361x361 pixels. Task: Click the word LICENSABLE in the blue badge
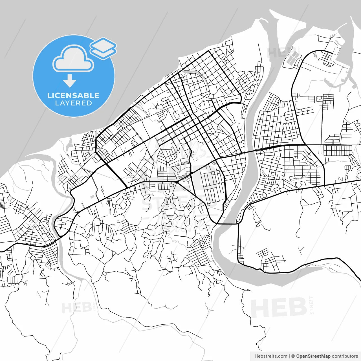73,95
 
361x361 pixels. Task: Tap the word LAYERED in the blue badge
73,103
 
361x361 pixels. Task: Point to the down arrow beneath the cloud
70,81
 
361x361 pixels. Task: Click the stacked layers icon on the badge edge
103,48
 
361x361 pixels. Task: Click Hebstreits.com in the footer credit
271,356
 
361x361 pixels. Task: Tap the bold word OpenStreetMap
313,356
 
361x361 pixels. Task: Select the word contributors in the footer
345,356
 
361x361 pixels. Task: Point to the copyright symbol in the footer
293,356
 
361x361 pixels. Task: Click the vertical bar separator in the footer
289,356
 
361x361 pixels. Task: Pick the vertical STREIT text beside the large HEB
311,305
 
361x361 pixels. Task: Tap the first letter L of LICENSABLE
49,95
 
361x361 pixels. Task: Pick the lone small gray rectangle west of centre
92,197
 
